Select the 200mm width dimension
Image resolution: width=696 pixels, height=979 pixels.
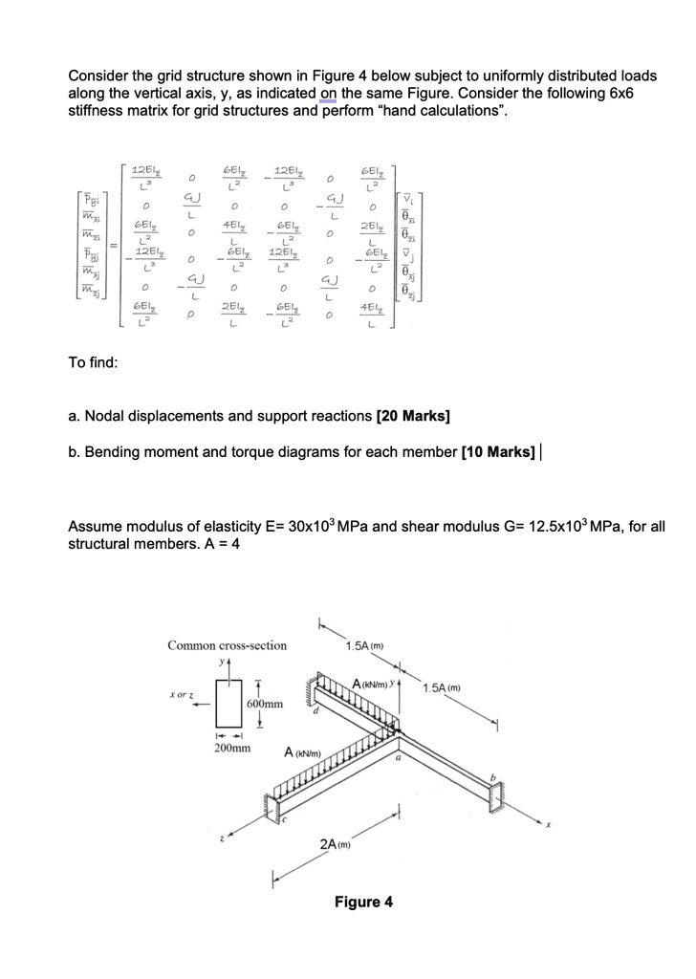pos(229,751)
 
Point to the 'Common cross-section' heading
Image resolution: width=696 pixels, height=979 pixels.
pos(227,645)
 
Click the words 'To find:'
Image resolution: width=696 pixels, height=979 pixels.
pos(94,362)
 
